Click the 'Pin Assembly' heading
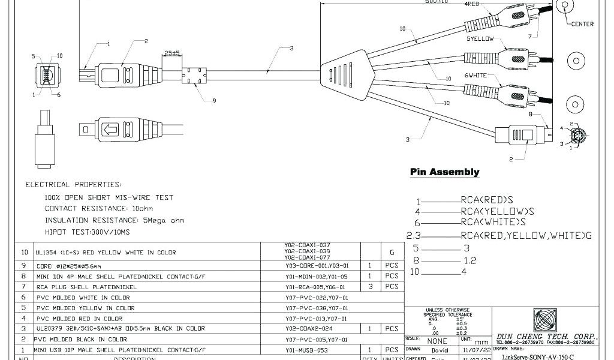(444, 172)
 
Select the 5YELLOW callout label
(480, 39)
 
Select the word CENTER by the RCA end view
(582, 24)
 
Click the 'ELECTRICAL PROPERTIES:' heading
(73, 184)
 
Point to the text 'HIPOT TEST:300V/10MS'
(87, 231)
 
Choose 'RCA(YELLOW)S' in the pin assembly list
(497, 211)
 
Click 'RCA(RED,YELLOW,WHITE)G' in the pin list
(526, 235)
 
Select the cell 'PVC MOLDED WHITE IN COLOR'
(83, 298)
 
